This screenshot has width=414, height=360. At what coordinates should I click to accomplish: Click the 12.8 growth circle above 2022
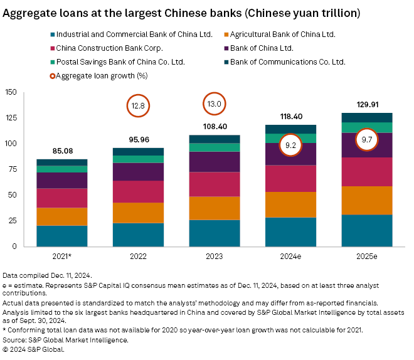137,106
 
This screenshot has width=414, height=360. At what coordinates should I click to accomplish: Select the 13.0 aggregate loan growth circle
215,105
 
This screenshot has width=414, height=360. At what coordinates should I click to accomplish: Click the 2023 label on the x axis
215,255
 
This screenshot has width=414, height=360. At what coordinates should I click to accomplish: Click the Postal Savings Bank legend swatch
51,61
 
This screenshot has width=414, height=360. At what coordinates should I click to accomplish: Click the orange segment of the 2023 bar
215,208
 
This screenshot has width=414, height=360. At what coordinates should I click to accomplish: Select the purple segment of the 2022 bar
137,172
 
